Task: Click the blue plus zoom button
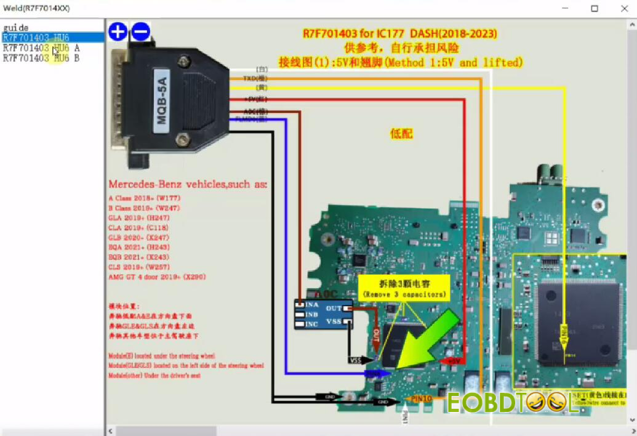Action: tap(118, 31)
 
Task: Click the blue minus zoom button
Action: tap(141, 31)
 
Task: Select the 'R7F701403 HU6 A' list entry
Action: tap(41, 48)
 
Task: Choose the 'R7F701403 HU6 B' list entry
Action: tap(41, 59)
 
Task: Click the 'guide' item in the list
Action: tap(15, 28)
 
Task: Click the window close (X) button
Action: tap(623, 8)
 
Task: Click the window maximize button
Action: tap(595, 8)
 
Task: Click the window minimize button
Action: tap(566, 8)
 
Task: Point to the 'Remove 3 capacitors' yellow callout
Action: tap(404, 288)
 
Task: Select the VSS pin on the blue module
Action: tap(334, 321)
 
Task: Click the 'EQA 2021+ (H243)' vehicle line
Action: tap(143, 247)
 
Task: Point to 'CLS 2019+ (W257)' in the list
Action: tap(143, 267)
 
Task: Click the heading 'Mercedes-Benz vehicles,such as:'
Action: tap(188, 184)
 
